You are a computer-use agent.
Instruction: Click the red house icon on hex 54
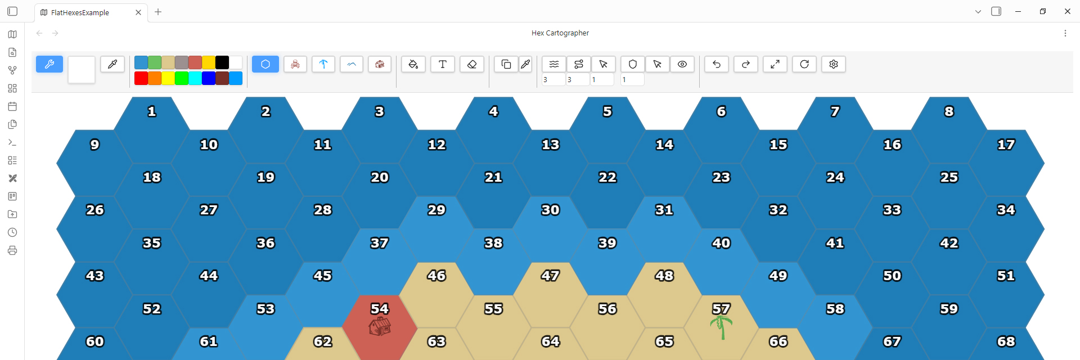pos(380,326)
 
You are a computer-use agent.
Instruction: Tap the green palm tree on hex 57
pos(721,327)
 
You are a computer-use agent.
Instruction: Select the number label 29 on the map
pos(436,210)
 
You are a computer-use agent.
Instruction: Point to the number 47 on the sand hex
pos(550,276)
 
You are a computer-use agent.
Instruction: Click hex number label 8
pos(949,111)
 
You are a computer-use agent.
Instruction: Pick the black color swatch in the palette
pos(222,62)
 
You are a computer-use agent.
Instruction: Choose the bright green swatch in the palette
pos(182,78)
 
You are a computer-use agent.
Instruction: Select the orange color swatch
pos(155,78)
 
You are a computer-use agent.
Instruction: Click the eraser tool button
pos(472,64)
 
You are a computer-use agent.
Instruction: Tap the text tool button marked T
pos(443,64)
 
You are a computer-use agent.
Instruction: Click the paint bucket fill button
pos(413,64)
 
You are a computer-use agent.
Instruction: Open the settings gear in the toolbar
pos(834,64)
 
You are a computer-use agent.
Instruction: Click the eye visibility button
pos(682,64)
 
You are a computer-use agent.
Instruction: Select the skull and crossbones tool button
pos(295,64)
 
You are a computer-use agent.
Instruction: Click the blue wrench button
pos(49,64)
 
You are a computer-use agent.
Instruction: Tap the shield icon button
pos(633,64)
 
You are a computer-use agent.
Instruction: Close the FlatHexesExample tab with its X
pos(138,12)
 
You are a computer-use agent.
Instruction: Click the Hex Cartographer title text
pos(560,33)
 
